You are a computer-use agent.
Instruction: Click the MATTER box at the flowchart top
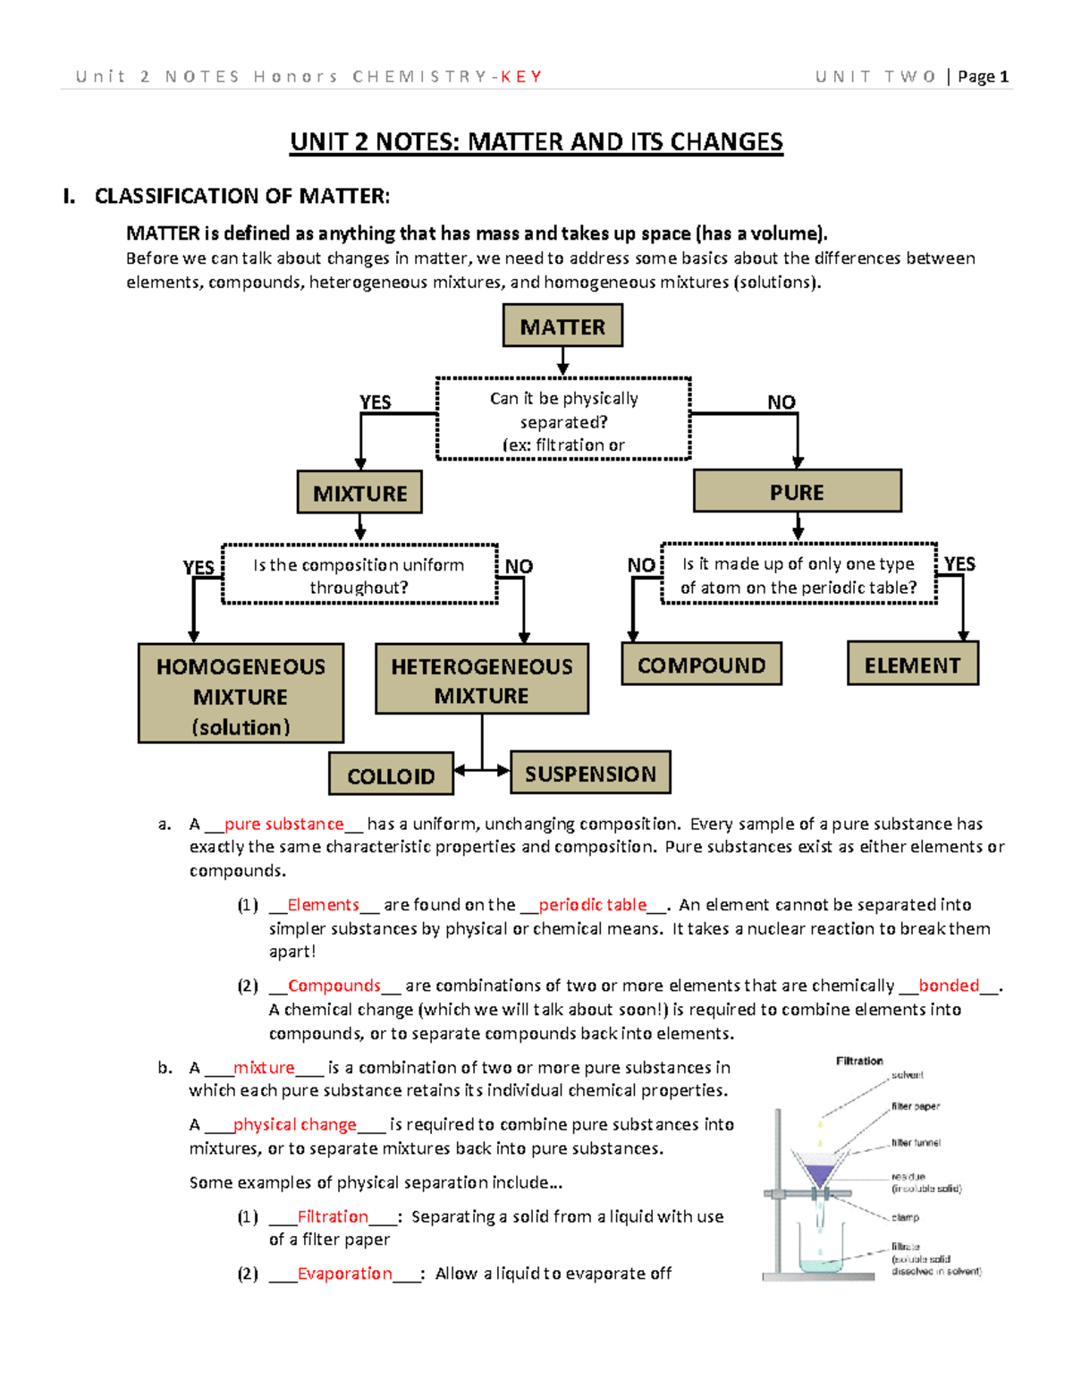point(562,326)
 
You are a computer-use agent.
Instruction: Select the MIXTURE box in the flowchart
point(359,493)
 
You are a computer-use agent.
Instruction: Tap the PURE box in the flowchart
point(797,491)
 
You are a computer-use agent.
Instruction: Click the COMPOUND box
point(701,665)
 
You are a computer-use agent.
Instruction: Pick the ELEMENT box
point(912,665)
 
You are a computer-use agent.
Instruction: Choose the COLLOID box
point(391,775)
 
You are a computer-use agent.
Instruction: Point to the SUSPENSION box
point(590,773)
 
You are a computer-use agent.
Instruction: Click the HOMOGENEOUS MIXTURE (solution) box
point(241,694)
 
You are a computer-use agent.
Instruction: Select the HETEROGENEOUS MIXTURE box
point(481,680)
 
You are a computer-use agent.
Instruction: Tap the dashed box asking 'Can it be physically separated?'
point(563,419)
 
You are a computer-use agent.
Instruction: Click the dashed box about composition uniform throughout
point(359,575)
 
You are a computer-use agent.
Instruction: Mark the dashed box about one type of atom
point(798,574)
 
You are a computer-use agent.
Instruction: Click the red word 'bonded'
point(949,985)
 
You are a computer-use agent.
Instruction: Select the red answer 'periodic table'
point(592,904)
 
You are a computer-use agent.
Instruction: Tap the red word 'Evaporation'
point(344,1273)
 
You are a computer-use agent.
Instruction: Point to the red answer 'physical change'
point(294,1124)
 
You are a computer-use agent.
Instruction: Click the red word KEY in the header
point(521,77)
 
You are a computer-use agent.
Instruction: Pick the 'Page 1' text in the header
point(983,77)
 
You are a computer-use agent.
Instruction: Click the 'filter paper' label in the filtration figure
point(915,1106)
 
